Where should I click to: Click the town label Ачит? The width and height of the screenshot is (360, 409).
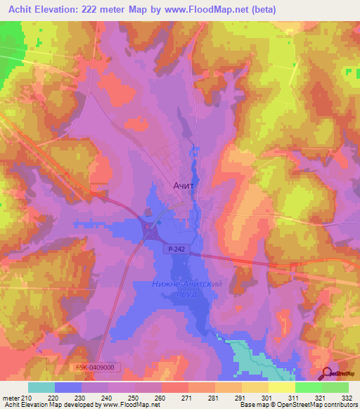184,186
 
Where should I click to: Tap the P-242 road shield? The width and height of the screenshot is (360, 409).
176,249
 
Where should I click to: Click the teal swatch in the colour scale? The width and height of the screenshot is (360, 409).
41,387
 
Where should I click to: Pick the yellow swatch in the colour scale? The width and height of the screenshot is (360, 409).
281,387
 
